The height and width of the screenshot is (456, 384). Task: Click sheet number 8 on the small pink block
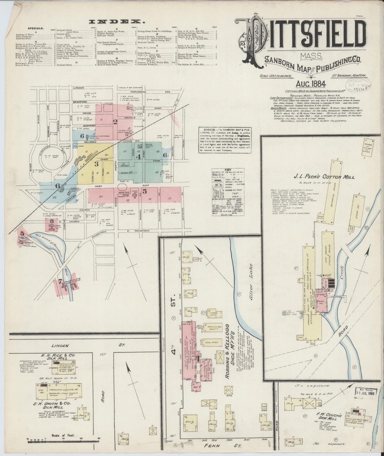coord(52,221)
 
